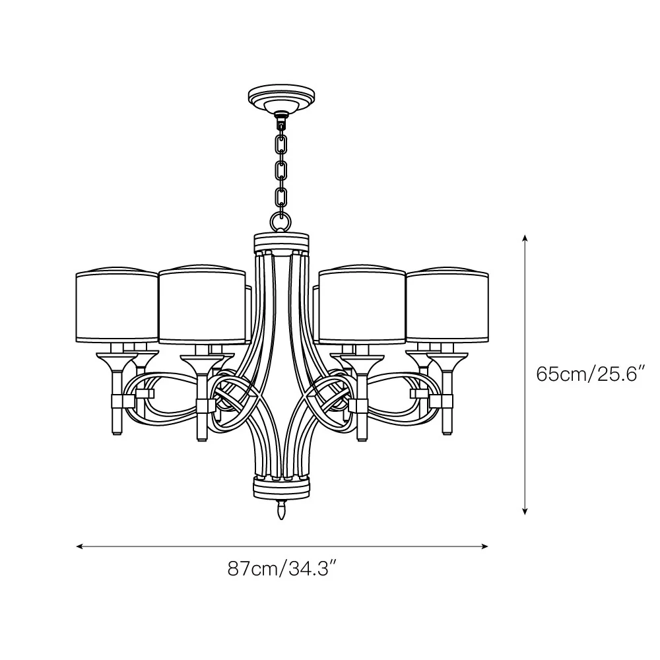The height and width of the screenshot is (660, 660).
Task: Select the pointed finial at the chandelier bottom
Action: [x=281, y=510]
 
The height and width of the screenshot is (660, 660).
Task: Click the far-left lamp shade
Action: [x=117, y=305]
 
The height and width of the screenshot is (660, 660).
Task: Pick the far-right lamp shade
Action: [x=447, y=305]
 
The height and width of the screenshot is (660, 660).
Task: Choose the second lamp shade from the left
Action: [x=202, y=305]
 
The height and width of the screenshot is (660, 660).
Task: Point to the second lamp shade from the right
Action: [x=362, y=305]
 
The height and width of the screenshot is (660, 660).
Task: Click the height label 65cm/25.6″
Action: [x=591, y=374]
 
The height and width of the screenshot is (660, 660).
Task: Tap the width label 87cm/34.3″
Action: [x=282, y=569]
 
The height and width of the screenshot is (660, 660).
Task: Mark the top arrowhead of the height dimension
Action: [x=525, y=237]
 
